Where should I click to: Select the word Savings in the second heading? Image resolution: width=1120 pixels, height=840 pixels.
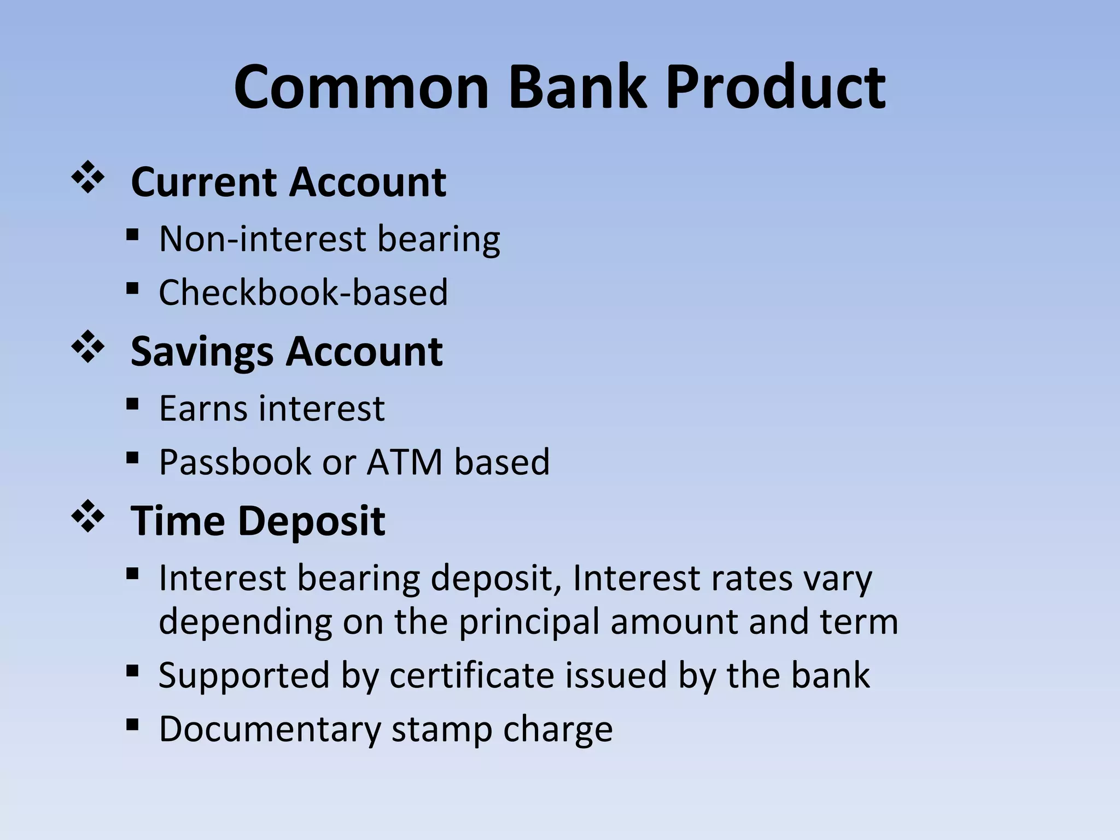(202, 352)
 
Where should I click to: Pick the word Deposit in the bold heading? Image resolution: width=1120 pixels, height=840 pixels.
(312, 521)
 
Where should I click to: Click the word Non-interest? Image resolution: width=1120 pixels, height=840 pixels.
(262, 239)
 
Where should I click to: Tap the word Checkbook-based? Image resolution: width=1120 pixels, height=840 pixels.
(303, 292)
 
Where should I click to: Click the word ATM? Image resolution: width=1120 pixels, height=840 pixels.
(404, 462)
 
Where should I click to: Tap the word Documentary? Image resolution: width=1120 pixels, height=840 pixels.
(269, 729)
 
